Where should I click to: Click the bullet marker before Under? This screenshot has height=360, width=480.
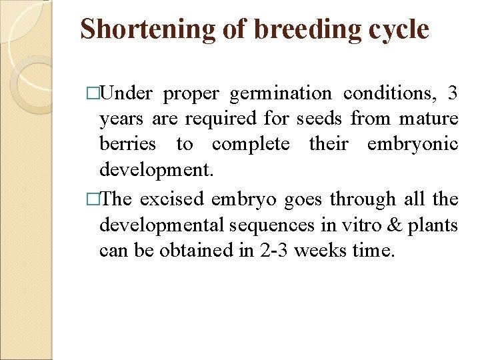pyautogui.click(x=93, y=94)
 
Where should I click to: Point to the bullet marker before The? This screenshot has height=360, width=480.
pyautogui.click(x=93, y=199)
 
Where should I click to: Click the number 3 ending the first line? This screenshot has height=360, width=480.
pyautogui.click(x=453, y=94)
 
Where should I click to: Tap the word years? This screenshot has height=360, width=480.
pyautogui.click(x=122, y=119)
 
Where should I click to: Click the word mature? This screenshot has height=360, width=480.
pyautogui.click(x=429, y=119)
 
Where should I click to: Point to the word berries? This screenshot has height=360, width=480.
pyautogui.click(x=128, y=145)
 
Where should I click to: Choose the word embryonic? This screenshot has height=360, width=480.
pyautogui.click(x=413, y=145)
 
